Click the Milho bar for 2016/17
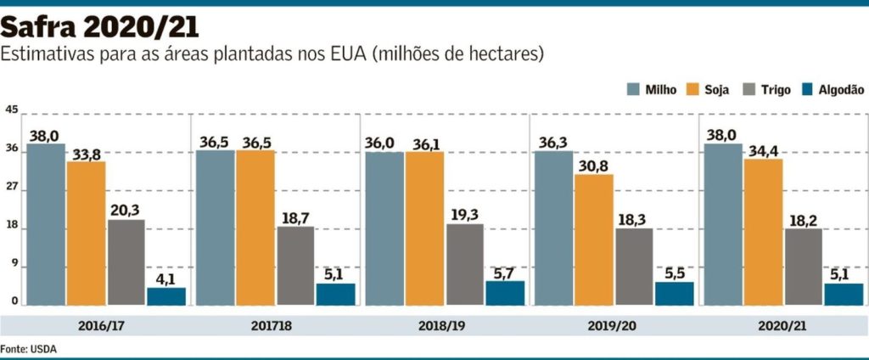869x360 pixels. click(x=47, y=224)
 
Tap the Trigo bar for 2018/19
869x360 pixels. click(x=464, y=264)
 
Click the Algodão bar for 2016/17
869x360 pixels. click(x=166, y=296)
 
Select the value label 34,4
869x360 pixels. click(x=763, y=149)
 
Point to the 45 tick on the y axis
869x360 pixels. click(x=11, y=110)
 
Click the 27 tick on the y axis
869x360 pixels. click(x=11, y=190)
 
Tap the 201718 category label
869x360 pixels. click(x=275, y=326)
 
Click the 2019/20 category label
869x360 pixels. click(x=614, y=326)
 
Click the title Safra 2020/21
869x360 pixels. click(x=100, y=27)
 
